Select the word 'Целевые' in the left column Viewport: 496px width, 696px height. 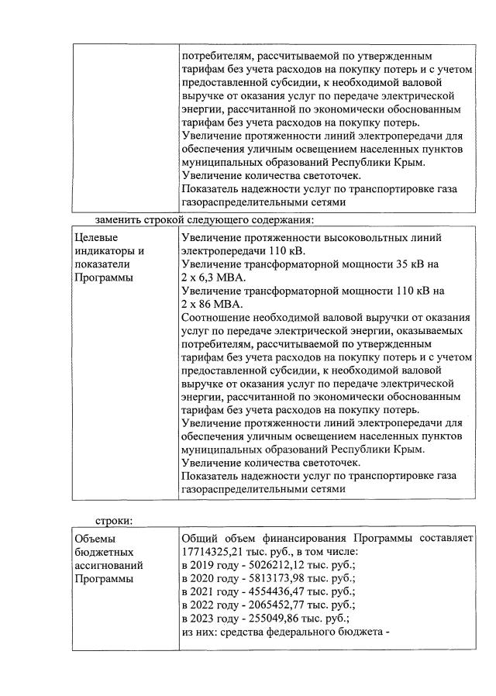coord(97,238)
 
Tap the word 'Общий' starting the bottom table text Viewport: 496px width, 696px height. coord(199,538)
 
